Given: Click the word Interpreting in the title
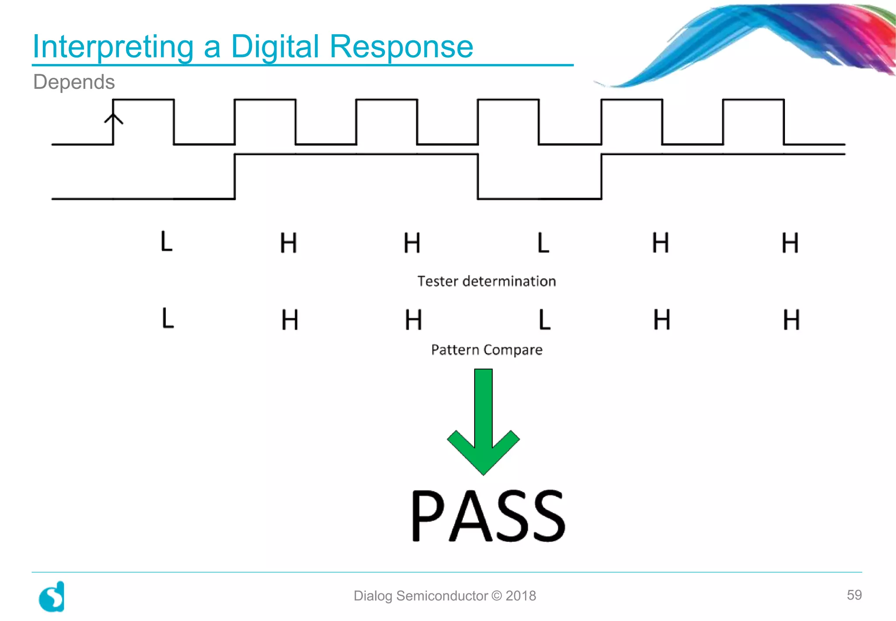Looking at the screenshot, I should (113, 46).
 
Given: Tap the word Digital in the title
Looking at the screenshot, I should (275, 46).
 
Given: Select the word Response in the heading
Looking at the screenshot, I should (401, 46).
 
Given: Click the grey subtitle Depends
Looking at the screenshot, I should (74, 82).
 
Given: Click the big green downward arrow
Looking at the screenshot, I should (483, 420).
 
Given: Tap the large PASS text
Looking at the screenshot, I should (488, 516).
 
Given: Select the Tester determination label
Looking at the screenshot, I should (486, 281).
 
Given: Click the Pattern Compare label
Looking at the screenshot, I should (486, 350).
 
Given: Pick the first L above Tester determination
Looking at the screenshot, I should (167, 242).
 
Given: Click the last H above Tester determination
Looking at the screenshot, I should (790, 243).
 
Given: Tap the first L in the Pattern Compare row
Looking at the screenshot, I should (168, 318).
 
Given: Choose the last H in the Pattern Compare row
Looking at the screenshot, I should (791, 320).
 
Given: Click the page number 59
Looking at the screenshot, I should (854, 595).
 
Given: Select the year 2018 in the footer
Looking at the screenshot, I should (521, 596).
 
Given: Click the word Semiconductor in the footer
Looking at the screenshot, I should (442, 596).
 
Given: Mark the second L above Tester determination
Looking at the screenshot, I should (543, 243).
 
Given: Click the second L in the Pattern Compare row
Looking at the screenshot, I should (544, 320).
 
